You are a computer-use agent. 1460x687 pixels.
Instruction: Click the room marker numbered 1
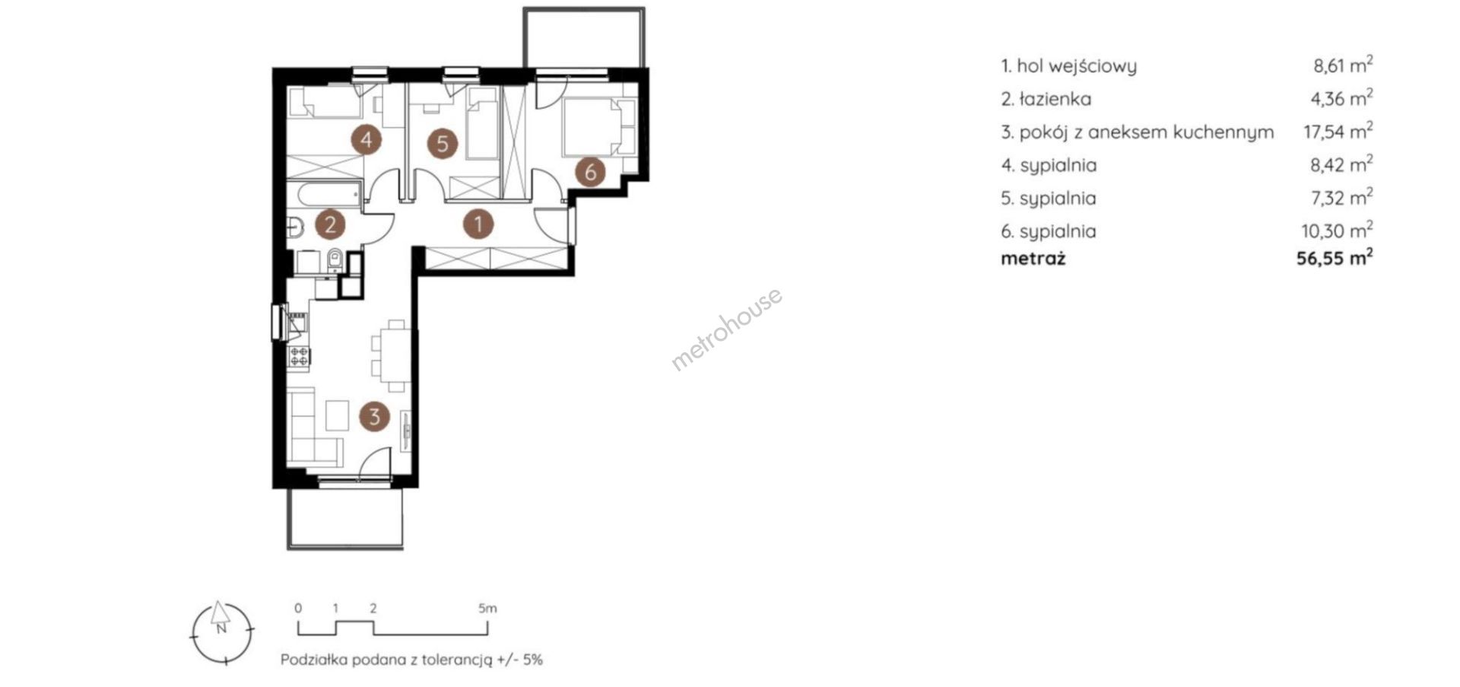pos(478,224)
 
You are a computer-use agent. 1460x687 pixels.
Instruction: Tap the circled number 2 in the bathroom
pos(331,224)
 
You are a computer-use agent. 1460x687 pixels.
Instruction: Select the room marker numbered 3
pos(375,416)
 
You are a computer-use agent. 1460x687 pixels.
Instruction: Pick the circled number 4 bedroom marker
pos(367,140)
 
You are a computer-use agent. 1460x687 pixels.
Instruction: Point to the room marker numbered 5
pos(443,143)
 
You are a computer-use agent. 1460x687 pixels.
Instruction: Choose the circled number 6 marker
pos(590,171)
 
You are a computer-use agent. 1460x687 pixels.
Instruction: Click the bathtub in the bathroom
pos(328,195)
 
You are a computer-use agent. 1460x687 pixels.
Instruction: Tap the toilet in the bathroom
pos(334,261)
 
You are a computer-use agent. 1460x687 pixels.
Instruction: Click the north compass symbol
pos(221,631)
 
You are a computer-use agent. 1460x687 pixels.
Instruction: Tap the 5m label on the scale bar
pos(487,608)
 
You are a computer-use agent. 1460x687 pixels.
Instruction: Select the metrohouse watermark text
pos(726,329)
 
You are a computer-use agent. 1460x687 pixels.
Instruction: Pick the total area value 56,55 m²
pos(1335,258)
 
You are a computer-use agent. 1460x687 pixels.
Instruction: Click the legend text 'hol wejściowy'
pos(1077,66)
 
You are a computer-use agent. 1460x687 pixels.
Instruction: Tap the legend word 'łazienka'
pos(1055,99)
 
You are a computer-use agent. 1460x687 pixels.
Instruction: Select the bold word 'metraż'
pos(1033,259)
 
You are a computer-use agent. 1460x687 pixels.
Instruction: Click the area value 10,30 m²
pos(1338,231)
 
